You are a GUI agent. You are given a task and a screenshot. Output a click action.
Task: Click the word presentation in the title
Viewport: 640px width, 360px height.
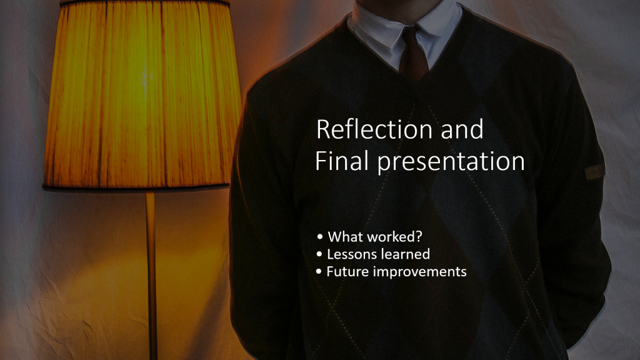pyautogui.click(x=451, y=162)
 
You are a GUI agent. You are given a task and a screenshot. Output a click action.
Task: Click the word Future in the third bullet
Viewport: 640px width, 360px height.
pyautogui.click(x=347, y=271)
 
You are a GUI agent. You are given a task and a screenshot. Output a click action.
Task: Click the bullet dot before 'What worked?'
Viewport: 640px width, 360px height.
pyautogui.click(x=319, y=236)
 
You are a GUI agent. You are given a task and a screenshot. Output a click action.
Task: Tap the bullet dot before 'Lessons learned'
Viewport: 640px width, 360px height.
pyautogui.click(x=319, y=254)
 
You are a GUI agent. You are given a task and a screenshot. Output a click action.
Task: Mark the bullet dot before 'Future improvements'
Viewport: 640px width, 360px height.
pyautogui.click(x=319, y=271)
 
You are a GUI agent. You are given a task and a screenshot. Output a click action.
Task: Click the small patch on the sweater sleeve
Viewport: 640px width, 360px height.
pyautogui.click(x=595, y=172)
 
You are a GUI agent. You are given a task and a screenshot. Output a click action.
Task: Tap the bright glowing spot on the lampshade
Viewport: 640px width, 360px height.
pyautogui.click(x=145, y=79)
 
